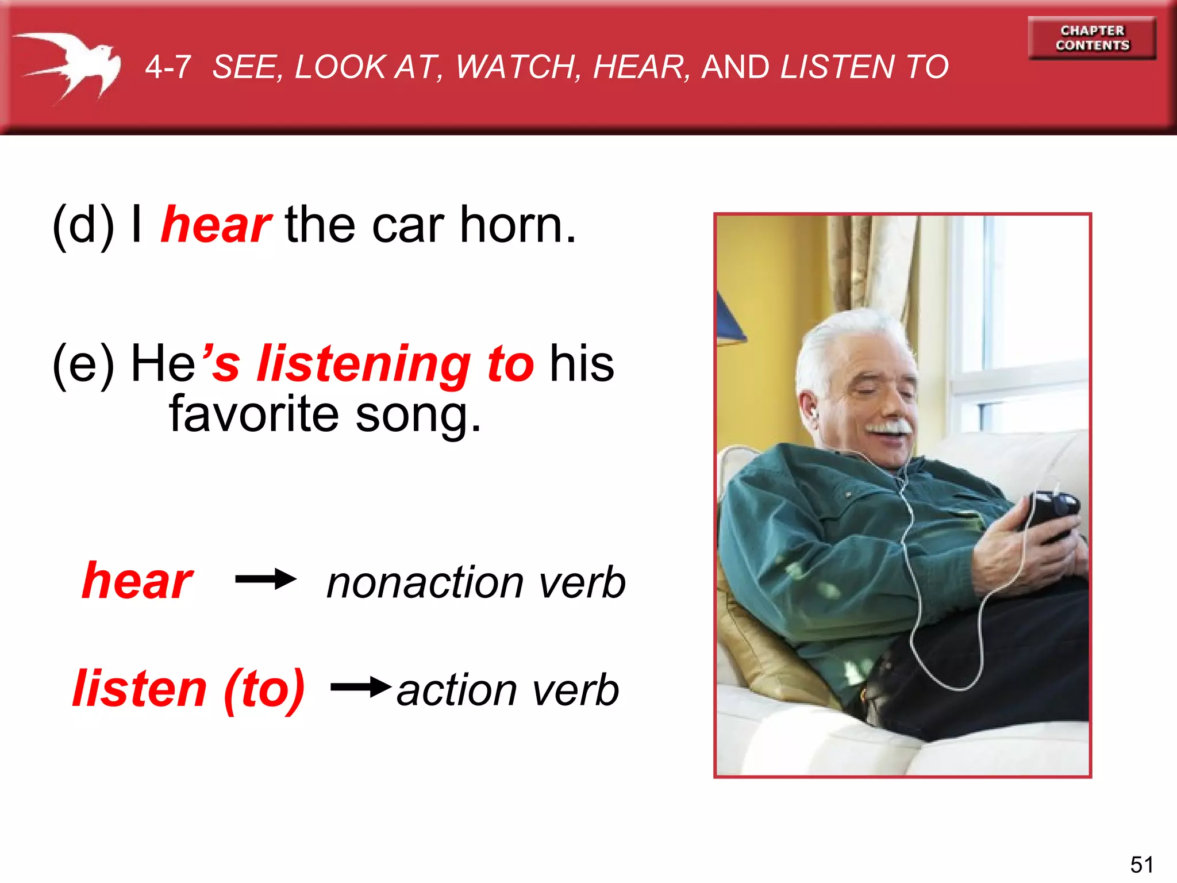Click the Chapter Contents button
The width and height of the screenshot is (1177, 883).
click(1092, 38)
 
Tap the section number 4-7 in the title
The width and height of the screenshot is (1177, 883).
click(168, 67)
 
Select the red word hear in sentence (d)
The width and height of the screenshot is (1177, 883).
click(216, 225)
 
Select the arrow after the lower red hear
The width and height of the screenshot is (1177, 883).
click(266, 579)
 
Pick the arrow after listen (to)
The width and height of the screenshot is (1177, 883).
click(361, 686)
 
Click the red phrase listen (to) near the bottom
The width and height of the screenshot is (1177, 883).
click(189, 689)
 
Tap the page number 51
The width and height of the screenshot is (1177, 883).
click(1141, 864)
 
